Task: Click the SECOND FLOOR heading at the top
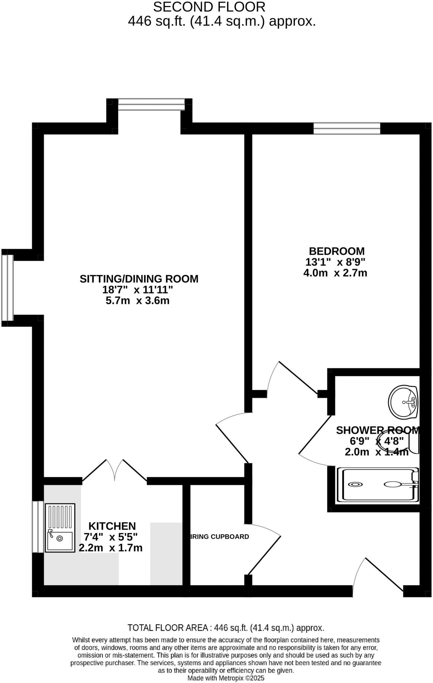pos(209,7)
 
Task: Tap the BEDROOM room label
pos(337,251)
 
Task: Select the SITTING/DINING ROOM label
pos(139,278)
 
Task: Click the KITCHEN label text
pos(112,526)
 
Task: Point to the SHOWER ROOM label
pos(377,430)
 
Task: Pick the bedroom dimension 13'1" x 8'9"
pos(335,262)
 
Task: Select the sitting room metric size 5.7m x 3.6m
pos(137,300)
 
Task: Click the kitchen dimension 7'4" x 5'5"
pos(111,537)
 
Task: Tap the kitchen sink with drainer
pos(60,528)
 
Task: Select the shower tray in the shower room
pos(377,485)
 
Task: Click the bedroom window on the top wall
pos(347,128)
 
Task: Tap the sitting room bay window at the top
pos(151,104)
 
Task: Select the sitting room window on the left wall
pos(7,287)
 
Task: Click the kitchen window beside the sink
pos(38,527)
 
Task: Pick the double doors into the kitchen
pos(115,470)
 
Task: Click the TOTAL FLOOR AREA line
pos(226,628)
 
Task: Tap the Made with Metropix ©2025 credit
pos(226,678)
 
